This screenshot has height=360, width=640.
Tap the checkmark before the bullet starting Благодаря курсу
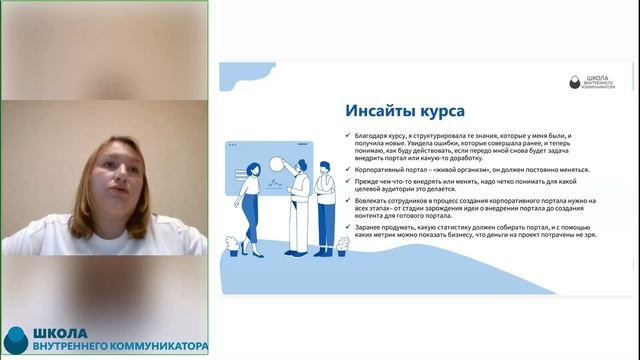(347, 133)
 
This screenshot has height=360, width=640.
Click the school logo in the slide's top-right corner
(591, 81)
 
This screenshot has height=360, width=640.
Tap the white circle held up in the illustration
(276, 164)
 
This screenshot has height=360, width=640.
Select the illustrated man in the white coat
(297, 205)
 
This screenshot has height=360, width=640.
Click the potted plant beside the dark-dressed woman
(232, 243)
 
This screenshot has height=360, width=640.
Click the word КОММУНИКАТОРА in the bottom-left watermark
(149, 347)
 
